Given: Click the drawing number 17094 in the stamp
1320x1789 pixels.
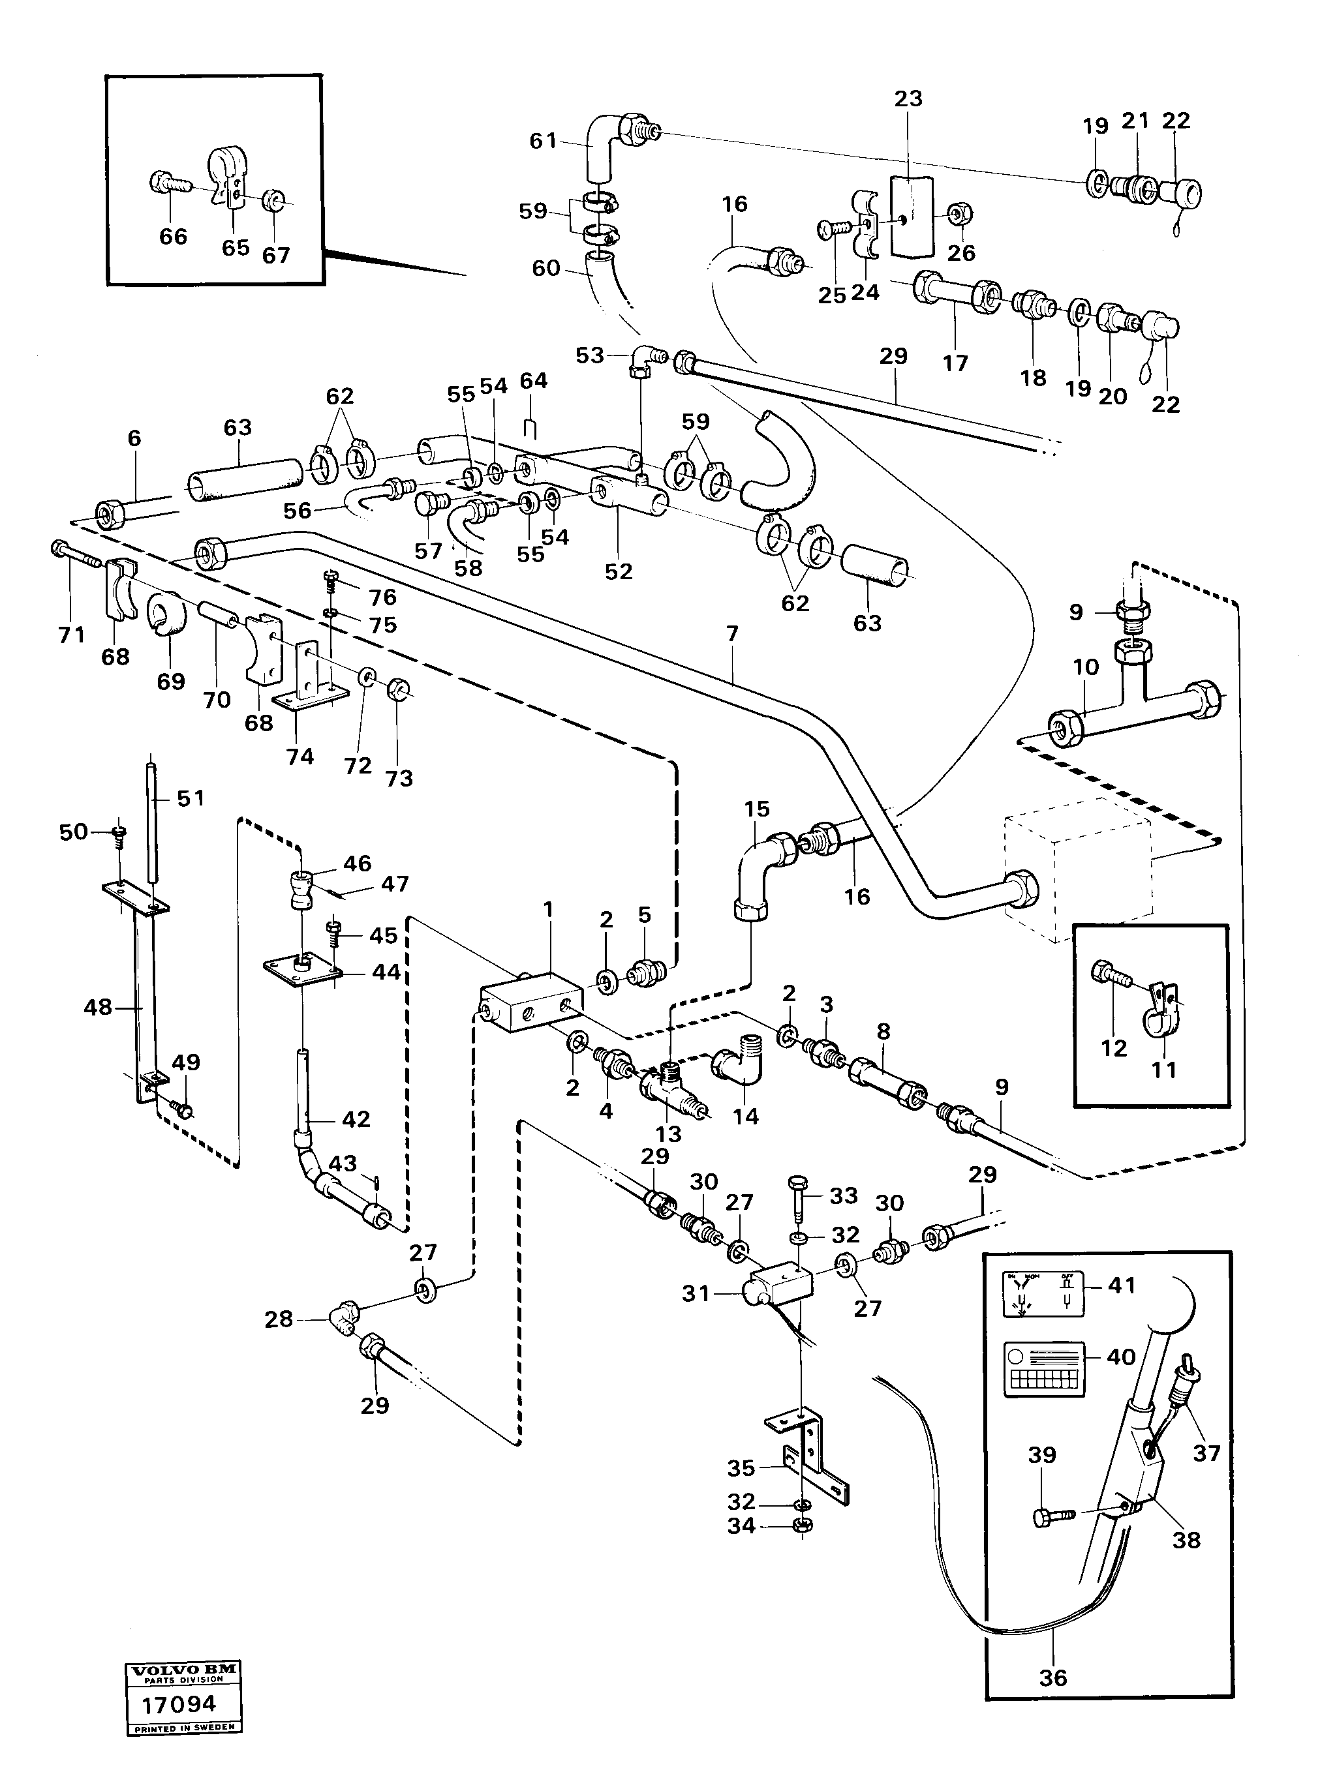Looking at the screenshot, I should [x=178, y=1704].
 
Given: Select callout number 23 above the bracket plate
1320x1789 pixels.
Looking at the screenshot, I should [x=908, y=98].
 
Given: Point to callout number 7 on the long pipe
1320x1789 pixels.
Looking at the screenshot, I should [x=732, y=633].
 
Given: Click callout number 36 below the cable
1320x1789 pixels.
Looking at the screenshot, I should [x=1052, y=1677].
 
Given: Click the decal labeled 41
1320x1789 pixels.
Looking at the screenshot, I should [x=1043, y=1295].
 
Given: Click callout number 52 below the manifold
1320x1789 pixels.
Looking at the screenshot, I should [x=619, y=571].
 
